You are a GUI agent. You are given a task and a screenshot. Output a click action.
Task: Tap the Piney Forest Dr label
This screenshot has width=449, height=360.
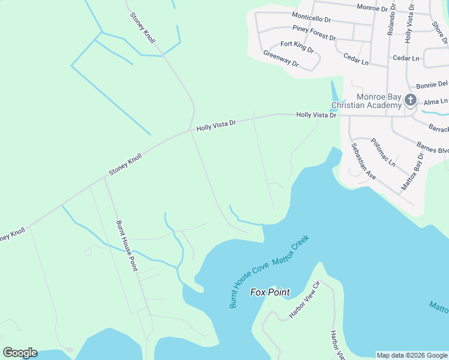pyautogui.click(x=314, y=32)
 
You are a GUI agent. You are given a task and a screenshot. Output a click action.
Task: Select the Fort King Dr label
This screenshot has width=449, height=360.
pyautogui.click(x=297, y=46)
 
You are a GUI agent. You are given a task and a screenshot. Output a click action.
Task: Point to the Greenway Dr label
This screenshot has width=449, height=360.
pyautogui.click(x=280, y=58)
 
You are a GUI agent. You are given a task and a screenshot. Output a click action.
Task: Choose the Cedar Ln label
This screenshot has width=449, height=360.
pyautogui.click(x=406, y=58)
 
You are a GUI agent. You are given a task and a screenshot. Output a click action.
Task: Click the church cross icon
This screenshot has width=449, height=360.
pyautogui.click(x=410, y=100)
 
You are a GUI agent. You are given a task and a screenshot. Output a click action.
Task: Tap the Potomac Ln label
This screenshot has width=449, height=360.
pyautogui.click(x=383, y=152)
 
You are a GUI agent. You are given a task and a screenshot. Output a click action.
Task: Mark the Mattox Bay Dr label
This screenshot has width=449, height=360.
pyautogui.click(x=412, y=172)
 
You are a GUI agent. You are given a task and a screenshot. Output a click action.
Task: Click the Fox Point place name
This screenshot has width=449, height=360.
pyautogui.click(x=270, y=292)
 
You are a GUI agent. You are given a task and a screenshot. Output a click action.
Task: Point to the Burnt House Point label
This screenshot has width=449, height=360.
pyautogui.click(x=127, y=246)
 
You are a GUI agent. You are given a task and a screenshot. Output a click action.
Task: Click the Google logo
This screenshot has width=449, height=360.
pyautogui.click(x=20, y=353)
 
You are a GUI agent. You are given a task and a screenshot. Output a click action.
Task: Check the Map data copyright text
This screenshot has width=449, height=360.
pyautogui.click(x=411, y=355)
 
